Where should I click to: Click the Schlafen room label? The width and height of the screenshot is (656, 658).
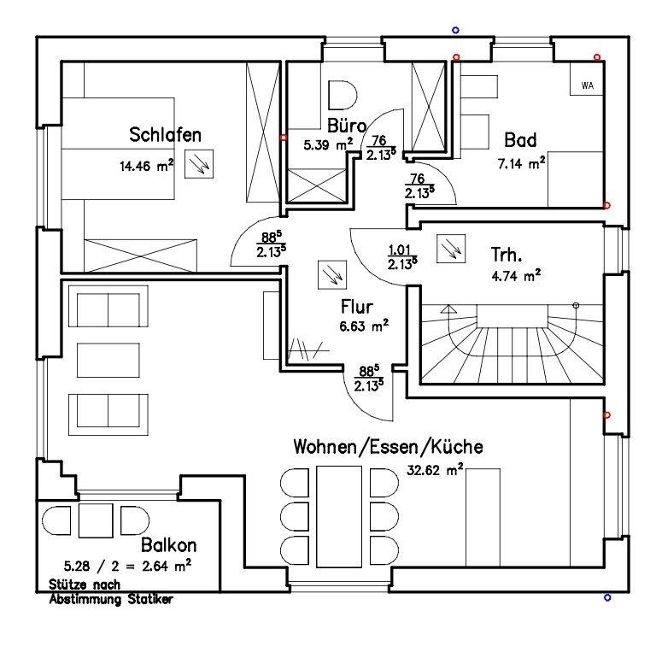coord(165,135)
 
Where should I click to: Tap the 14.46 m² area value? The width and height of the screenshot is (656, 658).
coord(147,167)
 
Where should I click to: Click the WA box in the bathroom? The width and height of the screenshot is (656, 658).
coord(587,85)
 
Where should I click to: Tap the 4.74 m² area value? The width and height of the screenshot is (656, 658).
coord(515,275)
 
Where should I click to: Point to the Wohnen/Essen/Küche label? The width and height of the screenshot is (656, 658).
coord(388,447)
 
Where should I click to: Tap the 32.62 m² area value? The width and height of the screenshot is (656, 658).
coord(435,469)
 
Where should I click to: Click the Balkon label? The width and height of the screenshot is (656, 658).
coord(170,544)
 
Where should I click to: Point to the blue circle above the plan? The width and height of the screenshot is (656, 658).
coord(455,30)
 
